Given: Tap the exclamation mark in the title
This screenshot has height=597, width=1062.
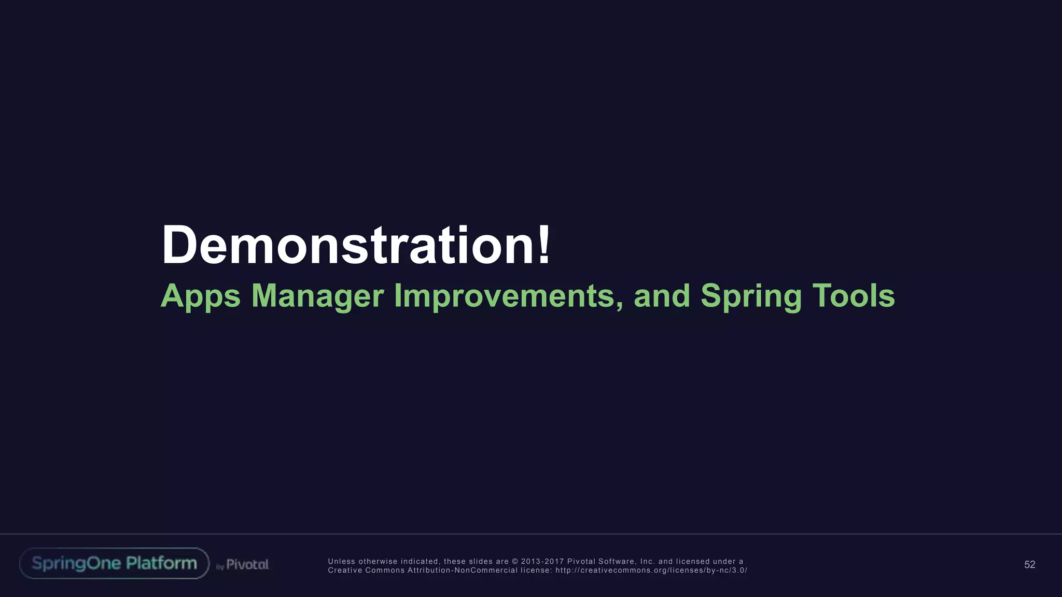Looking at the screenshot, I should coord(543,245).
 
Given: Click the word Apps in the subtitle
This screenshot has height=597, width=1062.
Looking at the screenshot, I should coord(201,296).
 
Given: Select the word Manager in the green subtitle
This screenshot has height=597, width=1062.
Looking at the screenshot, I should coord(317,296).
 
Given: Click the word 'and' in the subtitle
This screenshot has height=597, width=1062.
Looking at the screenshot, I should coord(662,296).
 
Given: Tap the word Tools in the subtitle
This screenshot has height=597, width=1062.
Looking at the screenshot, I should coord(853,296).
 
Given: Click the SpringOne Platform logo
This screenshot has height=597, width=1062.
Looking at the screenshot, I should coord(114,563).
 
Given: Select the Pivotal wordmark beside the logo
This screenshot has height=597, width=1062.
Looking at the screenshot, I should coord(247,564).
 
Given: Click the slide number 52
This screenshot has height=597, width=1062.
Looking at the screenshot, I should coord(1029,565).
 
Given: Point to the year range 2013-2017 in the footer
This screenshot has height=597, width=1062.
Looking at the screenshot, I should coord(542,561).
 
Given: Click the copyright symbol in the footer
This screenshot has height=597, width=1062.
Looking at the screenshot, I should coord(515,561).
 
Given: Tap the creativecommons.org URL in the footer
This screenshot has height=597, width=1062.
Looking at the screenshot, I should coord(651,571).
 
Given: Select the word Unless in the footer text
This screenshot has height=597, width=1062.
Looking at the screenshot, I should coord(341,561).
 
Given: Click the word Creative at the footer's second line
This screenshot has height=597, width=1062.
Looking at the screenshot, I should coord(344,571).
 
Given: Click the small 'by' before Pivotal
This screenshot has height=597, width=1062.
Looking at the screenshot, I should coord(220,567).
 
